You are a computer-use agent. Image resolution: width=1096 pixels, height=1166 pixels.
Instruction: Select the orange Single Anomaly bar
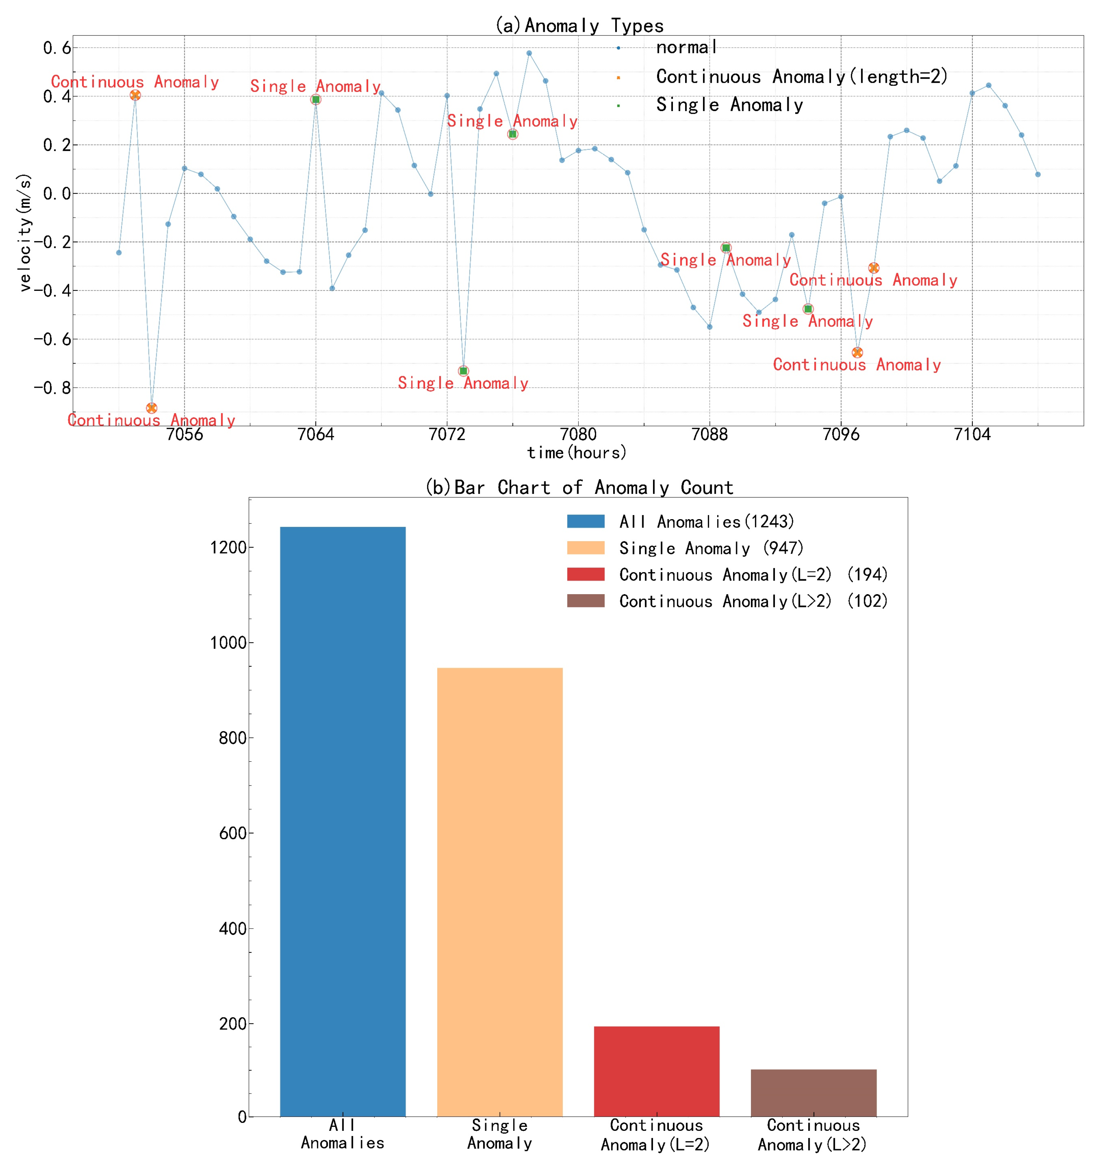(x=500, y=891)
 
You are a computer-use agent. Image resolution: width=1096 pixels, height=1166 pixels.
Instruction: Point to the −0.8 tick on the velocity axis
(x=53, y=388)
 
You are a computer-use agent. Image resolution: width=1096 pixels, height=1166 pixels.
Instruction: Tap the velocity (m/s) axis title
(x=25, y=232)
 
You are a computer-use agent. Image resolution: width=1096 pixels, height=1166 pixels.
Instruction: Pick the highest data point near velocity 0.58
(x=529, y=53)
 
